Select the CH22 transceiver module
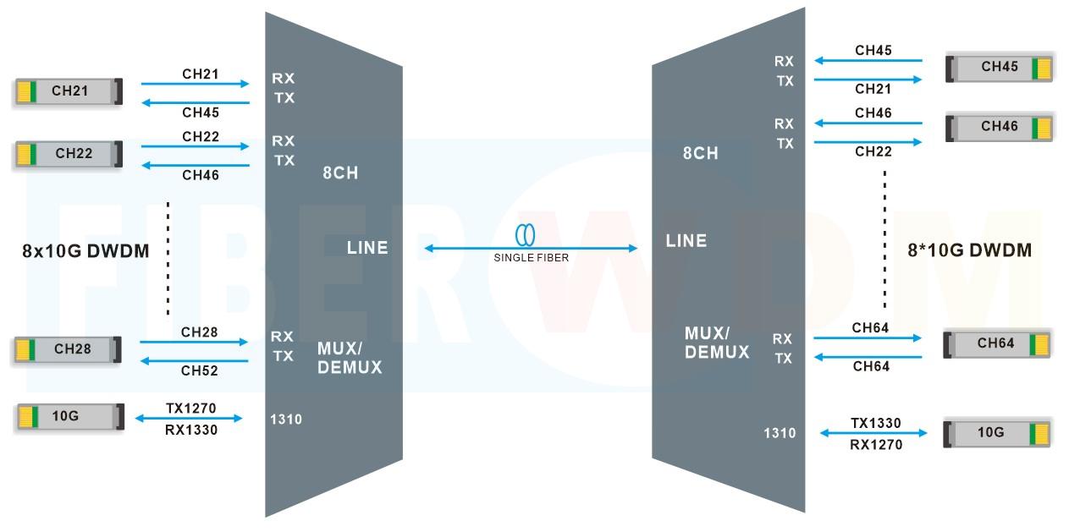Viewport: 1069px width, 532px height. point(68,154)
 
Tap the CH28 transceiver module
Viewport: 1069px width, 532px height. point(68,349)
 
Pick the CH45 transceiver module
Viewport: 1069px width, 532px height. point(999,68)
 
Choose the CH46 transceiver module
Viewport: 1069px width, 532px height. point(999,127)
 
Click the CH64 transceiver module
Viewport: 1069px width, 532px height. point(996,344)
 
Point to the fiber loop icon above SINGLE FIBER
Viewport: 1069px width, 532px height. point(526,234)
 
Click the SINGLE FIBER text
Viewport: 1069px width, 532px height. point(531,257)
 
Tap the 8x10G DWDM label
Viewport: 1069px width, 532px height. point(85,251)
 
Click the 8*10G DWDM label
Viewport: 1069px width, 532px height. point(968,250)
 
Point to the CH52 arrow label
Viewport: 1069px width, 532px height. point(199,370)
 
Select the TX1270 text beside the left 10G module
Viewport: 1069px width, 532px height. point(190,409)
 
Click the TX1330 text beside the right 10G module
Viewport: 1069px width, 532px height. point(875,424)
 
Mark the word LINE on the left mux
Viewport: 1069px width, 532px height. point(367,248)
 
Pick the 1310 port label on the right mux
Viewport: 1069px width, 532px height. point(780,433)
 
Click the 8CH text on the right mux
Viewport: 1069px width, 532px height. point(701,153)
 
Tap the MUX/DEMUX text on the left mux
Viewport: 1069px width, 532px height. point(350,358)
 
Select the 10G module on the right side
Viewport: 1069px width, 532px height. point(996,433)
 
